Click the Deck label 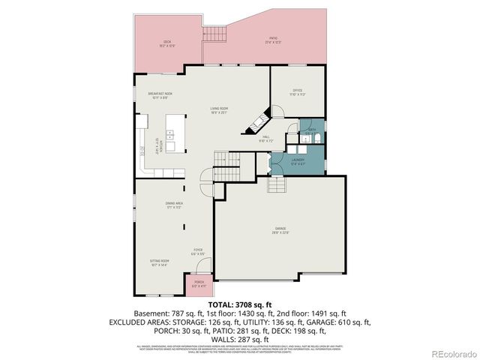click(x=162, y=43)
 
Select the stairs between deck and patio click(x=214, y=34)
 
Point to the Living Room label click(x=219, y=110)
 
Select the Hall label click(x=265, y=139)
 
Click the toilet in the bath click(x=316, y=139)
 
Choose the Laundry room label click(x=297, y=160)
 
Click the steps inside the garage click(x=277, y=185)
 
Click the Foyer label click(x=198, y=252)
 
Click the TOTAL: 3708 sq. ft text click(x=239, y=304)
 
